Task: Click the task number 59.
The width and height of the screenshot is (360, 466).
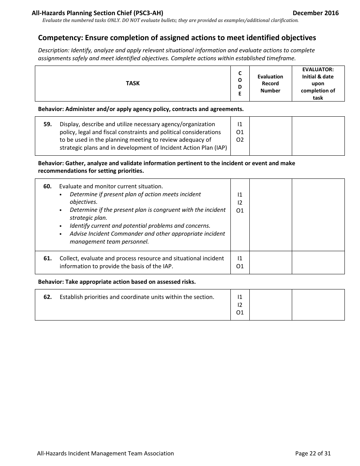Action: (x=47, y=124)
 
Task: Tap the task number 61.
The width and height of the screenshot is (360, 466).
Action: (x=47, y=258)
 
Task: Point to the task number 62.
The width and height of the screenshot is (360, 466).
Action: (x=47, y=297)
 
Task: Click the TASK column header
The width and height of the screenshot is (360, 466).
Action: (x=133, y=83)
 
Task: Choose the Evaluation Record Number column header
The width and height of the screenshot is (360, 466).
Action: (x=270, y=83)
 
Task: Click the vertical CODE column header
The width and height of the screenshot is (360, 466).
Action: (x=239, y=83)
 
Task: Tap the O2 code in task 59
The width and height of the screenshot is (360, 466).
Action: (x=240, y=140)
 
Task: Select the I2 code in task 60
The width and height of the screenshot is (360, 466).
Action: (x=240, y=203)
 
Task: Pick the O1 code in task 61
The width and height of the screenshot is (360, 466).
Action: (x=240, y=266)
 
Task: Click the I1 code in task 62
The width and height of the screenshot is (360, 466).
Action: (x=240, y=297)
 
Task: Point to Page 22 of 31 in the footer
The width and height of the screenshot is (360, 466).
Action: (x=313, y=453)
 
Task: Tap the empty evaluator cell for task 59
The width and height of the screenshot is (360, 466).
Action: (x=318, y=136)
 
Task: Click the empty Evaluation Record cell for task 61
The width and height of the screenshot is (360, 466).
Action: (x=270, y=263)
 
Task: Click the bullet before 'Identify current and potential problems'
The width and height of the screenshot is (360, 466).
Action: (x=61, y=226)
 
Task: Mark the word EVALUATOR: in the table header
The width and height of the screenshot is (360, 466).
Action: (x=318, y=70)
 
